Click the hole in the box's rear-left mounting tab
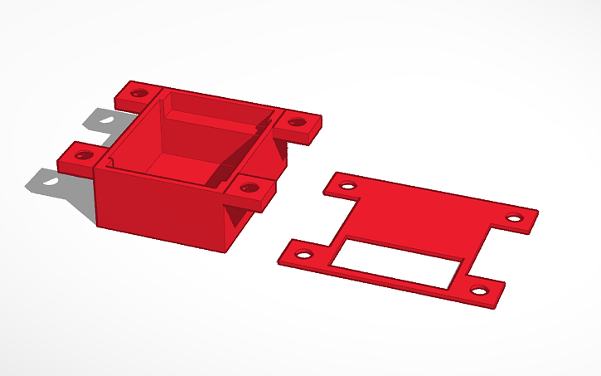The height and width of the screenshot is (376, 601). click(138, 92)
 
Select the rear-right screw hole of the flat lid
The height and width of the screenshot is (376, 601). click(515, 218)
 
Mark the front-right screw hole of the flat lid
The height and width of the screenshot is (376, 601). click(478, 291)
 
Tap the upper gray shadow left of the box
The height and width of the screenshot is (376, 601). click(99, 121)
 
